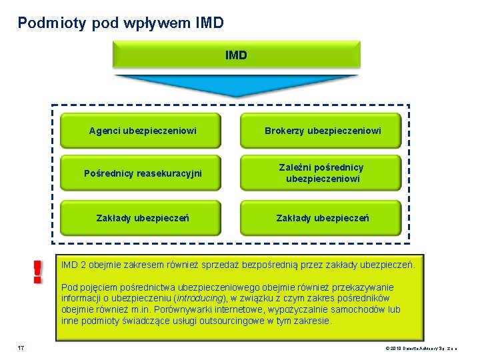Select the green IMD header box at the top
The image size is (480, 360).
[236, 55]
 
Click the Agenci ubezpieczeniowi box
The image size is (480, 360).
[143, 131]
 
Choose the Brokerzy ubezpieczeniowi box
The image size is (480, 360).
[323, 131]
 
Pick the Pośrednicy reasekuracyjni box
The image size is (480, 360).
[143, 173]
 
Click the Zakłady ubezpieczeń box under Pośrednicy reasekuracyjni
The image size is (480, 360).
[143, 218]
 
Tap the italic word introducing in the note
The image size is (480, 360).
[203, 298]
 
